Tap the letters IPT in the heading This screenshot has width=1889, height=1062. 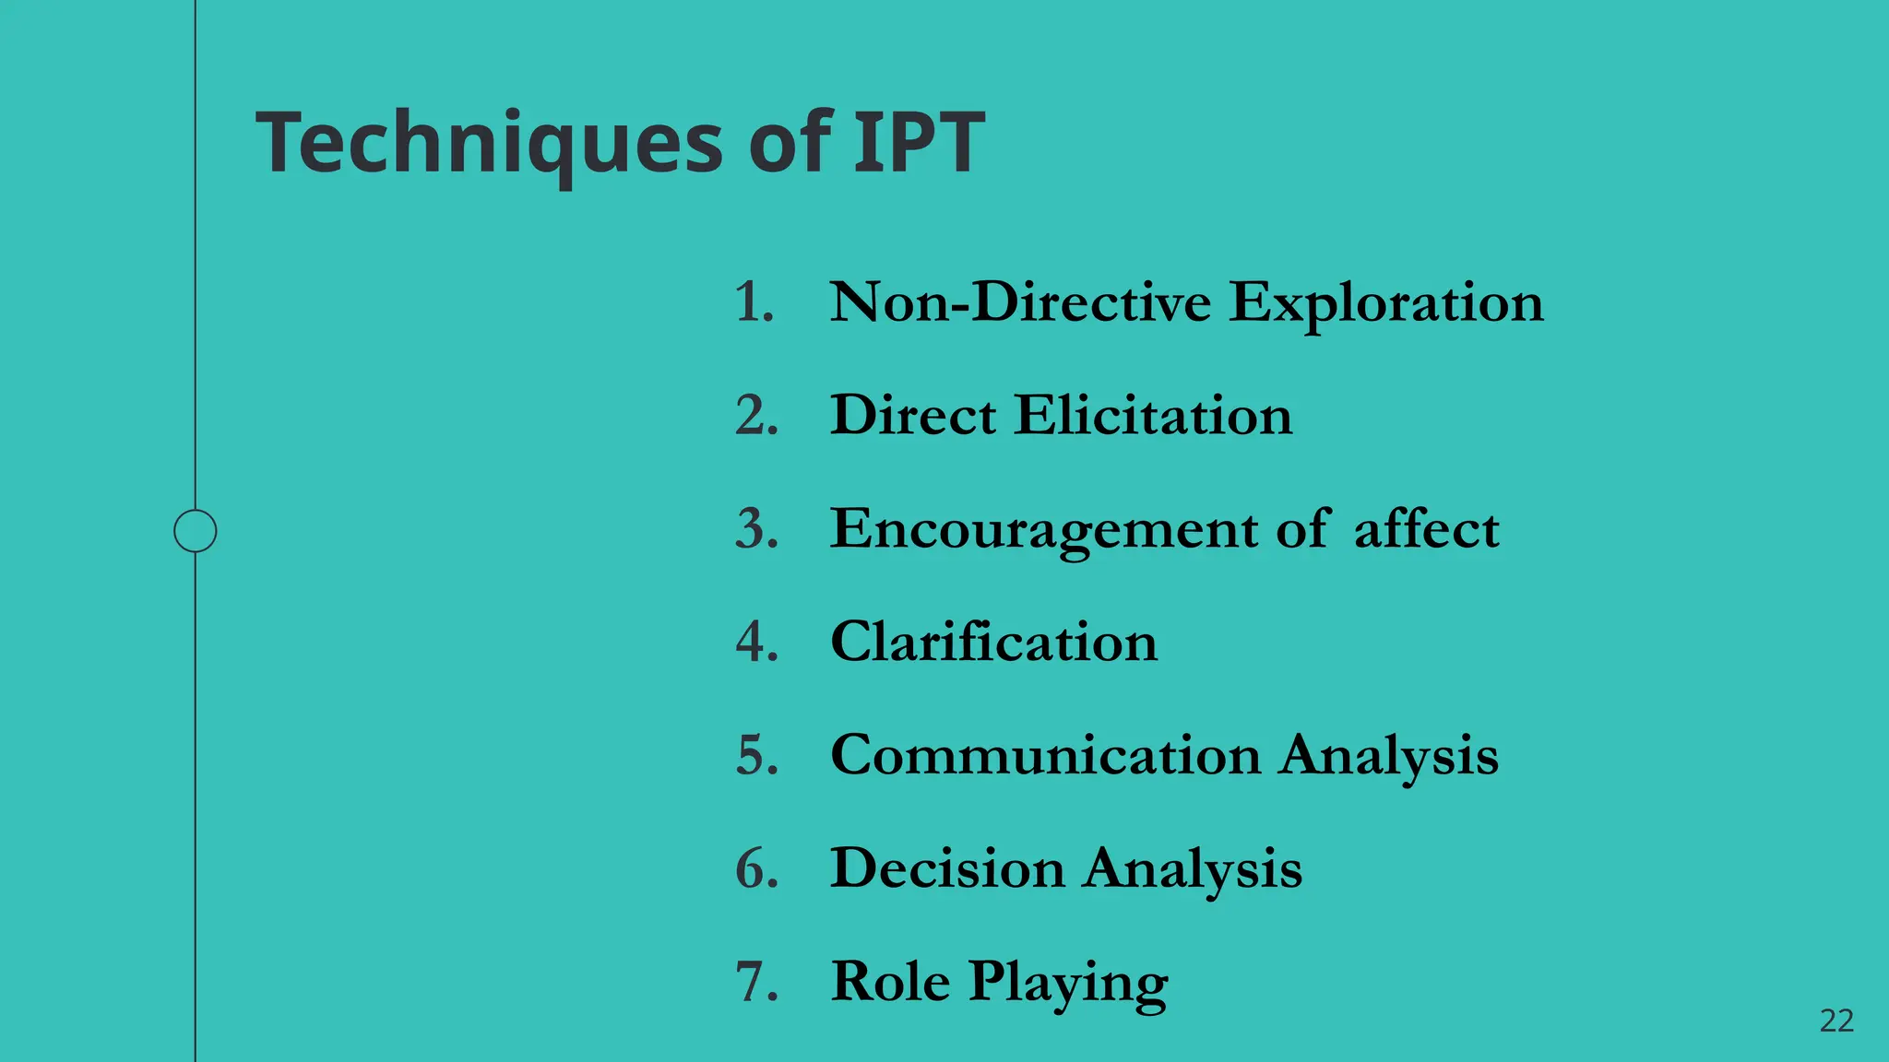(x=919, y=143)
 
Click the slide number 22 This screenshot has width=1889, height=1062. (x=1836, y=1021)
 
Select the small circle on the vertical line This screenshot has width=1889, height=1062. (x=196, y=531)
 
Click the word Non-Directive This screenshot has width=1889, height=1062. (x=1020, y=302)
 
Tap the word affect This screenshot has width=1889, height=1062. (x=1426, y=529)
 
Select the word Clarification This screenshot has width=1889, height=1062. (x=993, y=642)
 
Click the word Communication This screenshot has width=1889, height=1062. (x=1045, y=755)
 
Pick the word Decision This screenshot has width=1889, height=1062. (x=947, y=868)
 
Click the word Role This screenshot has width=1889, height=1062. (x=890, y=981)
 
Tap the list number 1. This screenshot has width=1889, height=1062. (x=754, y=302)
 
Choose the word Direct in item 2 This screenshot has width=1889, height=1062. (x=913, y=416)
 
